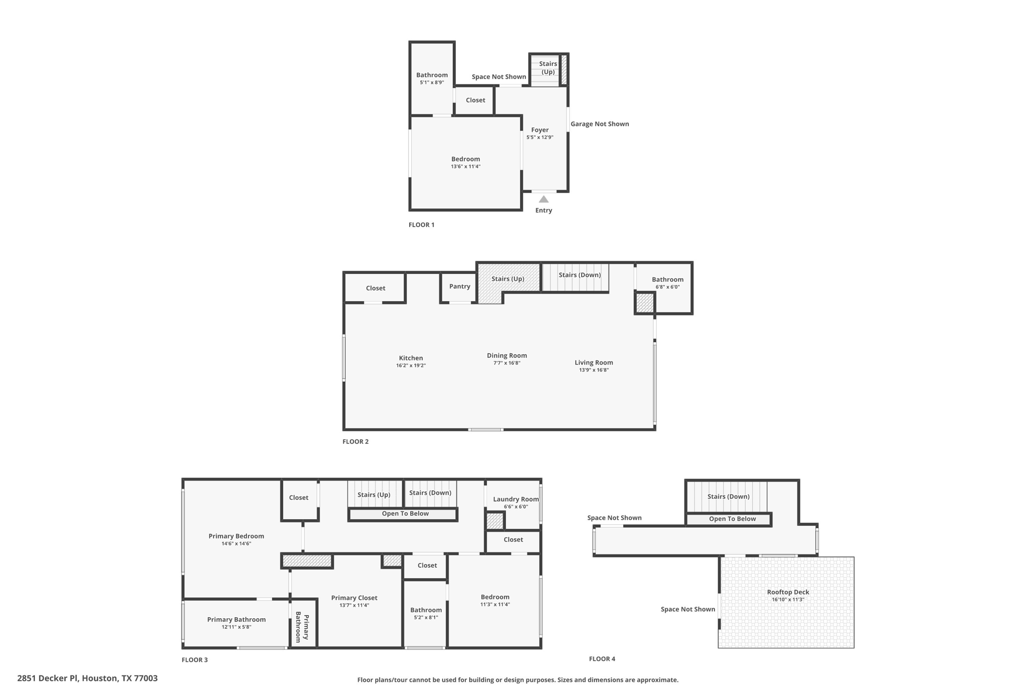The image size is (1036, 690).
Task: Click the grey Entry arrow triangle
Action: coord(543,199)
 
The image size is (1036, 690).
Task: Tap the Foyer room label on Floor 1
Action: coord(540,130)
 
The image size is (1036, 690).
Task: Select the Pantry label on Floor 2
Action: coord(459,286)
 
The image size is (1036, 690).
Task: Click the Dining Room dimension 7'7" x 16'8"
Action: coord(507,363)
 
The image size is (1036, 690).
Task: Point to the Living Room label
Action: coord(593,362)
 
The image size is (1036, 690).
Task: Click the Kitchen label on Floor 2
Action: coord(411,358)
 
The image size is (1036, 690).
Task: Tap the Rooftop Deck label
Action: coord(788,592)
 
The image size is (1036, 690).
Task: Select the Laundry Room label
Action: coord(515,499)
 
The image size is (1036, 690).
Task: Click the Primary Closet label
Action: coord(354,597)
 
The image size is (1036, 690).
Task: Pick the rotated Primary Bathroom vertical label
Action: coord(302,627)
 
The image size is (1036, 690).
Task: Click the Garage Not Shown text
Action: coord(599,124)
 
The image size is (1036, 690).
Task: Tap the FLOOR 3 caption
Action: coord(195,660)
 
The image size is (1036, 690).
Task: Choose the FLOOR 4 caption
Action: coord(602,659)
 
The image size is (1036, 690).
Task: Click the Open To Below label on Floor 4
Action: coord(732,519)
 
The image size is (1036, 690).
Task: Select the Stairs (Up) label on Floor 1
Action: coord(548,68)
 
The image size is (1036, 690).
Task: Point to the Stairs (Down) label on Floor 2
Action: coord(579,275)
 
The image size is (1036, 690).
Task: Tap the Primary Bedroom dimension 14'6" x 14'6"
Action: coord(236,544)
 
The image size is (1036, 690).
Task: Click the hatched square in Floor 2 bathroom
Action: coord(644,303)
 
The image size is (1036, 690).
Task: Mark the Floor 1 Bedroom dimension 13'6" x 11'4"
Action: coord(465,166)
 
